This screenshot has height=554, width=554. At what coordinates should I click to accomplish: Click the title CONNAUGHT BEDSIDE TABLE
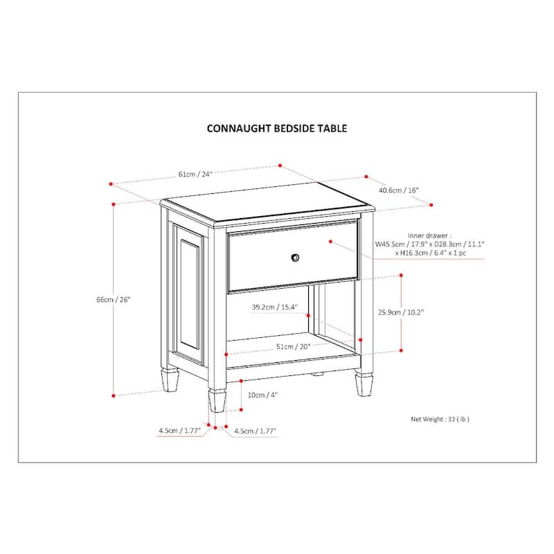[x=277, y=128]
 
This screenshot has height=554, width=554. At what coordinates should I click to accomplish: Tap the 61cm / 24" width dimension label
[x=195, y=174]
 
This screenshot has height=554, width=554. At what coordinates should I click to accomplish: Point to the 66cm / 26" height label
[x=114, y=300]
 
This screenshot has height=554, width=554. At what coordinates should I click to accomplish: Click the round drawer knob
[x=296, y=257]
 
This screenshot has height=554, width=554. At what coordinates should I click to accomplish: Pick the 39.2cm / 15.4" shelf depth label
[x=274, y=307]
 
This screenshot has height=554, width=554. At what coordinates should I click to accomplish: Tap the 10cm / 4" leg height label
[x=262, y=395]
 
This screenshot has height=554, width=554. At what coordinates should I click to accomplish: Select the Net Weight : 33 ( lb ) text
[x=445, y=419]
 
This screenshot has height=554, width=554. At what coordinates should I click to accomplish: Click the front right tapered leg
[x=364, y=384]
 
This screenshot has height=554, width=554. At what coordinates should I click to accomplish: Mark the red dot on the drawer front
[x=331, y=242]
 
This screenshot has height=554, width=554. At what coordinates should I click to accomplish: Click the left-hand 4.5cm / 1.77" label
[x=179, y=431]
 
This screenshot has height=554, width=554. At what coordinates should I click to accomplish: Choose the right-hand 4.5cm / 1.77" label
[x=256, y=431]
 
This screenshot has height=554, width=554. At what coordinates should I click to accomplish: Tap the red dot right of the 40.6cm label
[x=431, y=205]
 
